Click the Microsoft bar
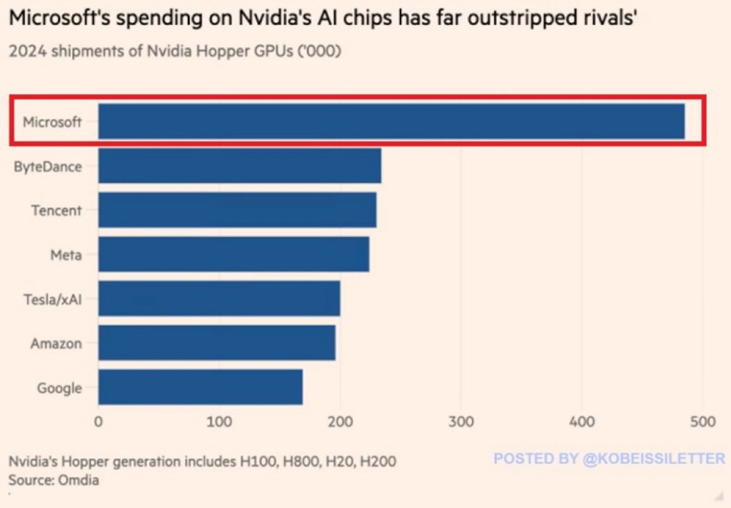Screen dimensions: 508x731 tap(391, 121)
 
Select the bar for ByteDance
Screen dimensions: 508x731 tap(240, 166)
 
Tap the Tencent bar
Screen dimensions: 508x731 tap(237, 210)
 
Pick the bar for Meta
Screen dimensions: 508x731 tap(233, 254)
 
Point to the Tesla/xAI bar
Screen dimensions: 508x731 tap(219, 299)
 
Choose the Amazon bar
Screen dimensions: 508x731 tap(216, 343)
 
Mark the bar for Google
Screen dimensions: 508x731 tap(201, 387)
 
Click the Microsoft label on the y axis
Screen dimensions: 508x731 tap(52, 122)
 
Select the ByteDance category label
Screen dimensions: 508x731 tap(48, 166)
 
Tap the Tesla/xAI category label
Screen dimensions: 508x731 tap(52, 299)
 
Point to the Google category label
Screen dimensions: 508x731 tap(59, 388)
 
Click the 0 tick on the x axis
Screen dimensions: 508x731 tap(99, 422)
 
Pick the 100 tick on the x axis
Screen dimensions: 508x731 tap(219, 422)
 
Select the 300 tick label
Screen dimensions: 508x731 tap(461, 422)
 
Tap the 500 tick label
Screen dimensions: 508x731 tap(703, 422)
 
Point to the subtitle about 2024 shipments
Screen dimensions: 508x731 tap(175, 53)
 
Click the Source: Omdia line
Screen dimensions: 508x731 tap(54, 480)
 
